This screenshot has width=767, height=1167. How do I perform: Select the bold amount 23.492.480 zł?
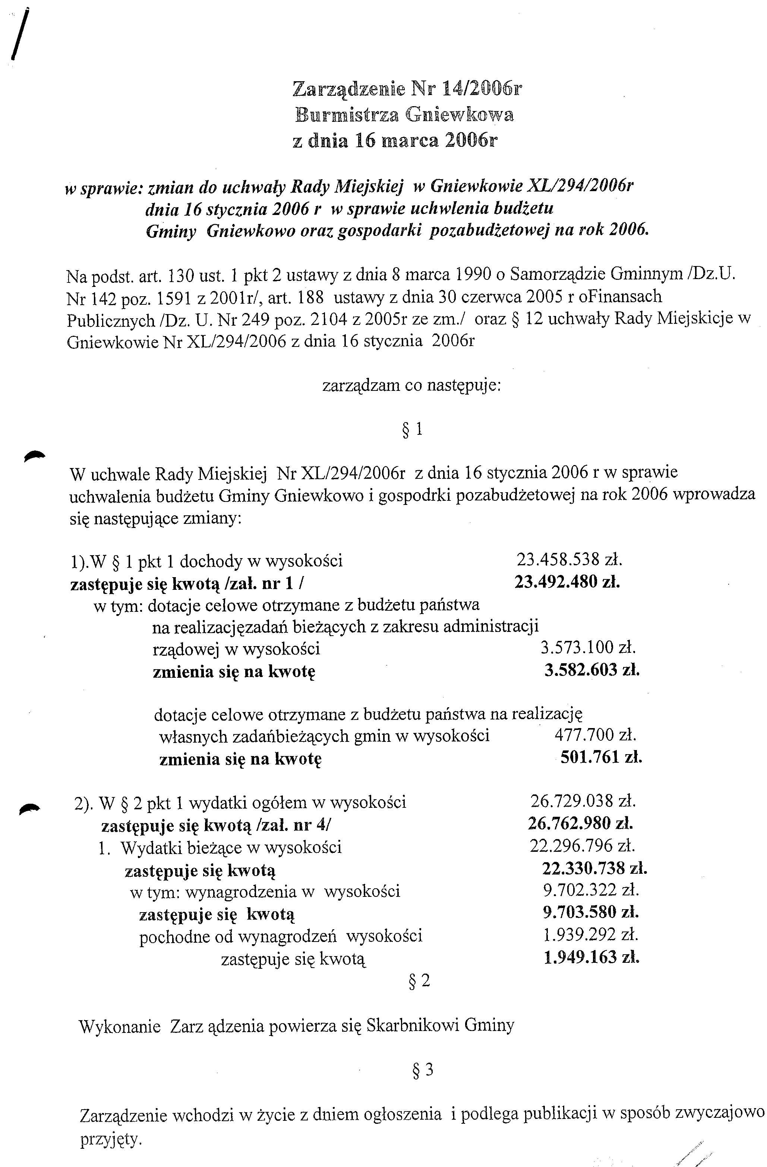click(567, 582)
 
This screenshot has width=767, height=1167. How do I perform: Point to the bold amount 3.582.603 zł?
click(592, 670)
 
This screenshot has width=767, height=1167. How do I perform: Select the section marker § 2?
click(419, 981)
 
